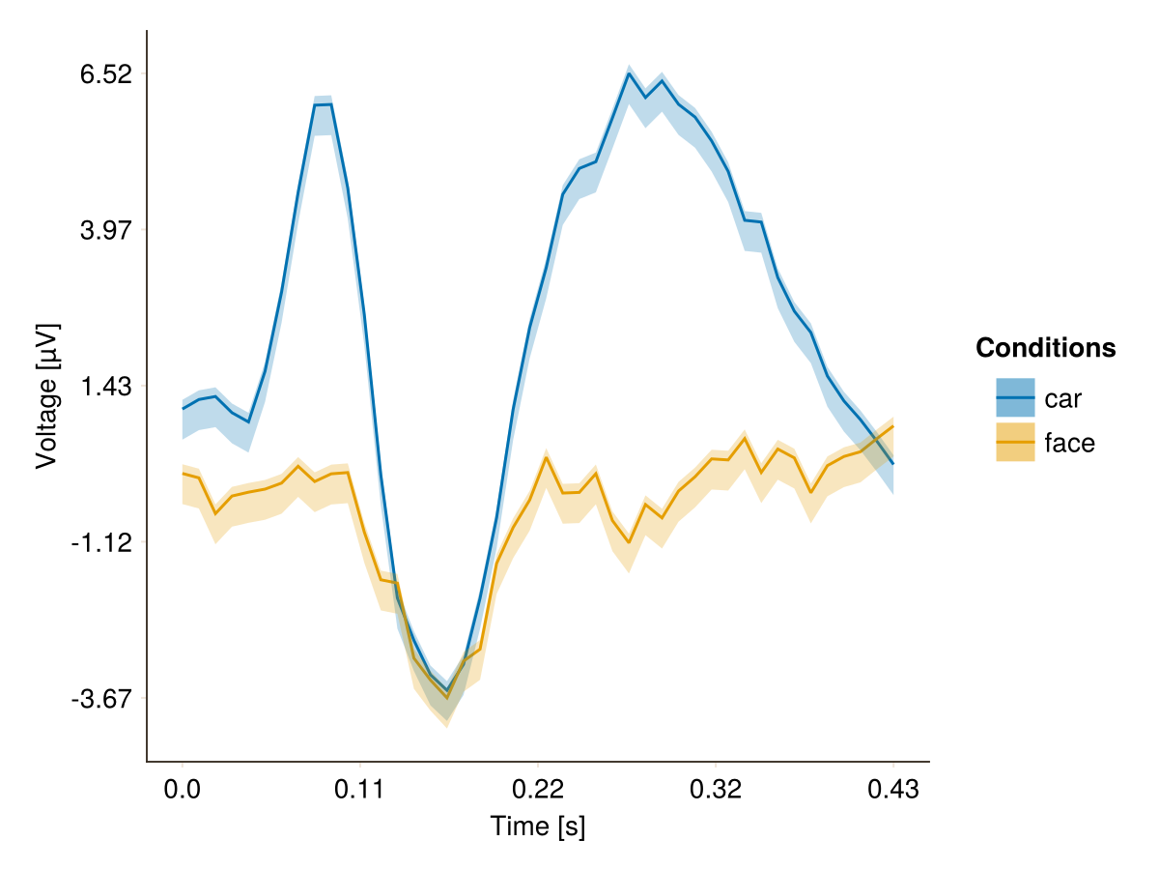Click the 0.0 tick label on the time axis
pyautogui.click(x=182, y=789)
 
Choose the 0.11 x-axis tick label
pyautogui.click(x=360, y=789)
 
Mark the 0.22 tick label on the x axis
pyautogui.click(x=538, y=789)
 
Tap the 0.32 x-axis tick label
pyautogui.click(x=716, y=789)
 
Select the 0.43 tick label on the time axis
pyautogui.click(x=893, y=789)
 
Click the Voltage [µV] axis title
pyautogui.click(x=46, y=396)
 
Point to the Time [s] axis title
pyautogui.click(x=538, y=827)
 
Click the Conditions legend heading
pyautogui.click(x=1046, y=348)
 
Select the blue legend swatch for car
pyautogui.click(x=1015, y=397)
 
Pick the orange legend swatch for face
pyautogui.click(x=1015, y=443)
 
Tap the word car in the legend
pyautogui.click(x=1063, y=398)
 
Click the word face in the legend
pyautogui.click(x=1070, y=443)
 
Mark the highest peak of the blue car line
pyautogui.click(x=629, y=73)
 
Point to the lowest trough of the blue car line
pyautogui.click(x=447, y=690)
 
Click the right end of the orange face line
pyautogui.click(x=893, y=426)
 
